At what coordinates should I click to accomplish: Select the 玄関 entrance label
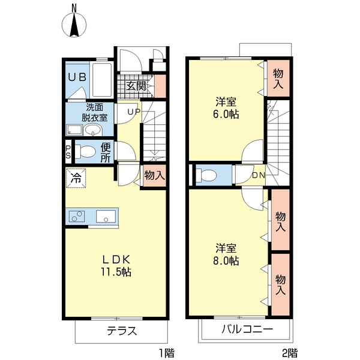pos(136,85)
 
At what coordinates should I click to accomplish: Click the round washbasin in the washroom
pos(93,130)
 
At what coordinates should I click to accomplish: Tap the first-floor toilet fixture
pos(85,152)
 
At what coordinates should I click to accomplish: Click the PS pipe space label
pos(68,152)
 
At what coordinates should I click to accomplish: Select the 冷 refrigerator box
pos(76,178)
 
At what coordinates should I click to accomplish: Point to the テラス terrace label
pos(122,331)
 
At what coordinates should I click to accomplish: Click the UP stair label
pos(133,112)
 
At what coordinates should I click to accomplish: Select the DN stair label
pos(258,175)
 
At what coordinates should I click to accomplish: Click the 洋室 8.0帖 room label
pos(227,254)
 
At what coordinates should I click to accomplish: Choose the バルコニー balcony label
pos(246,329)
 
